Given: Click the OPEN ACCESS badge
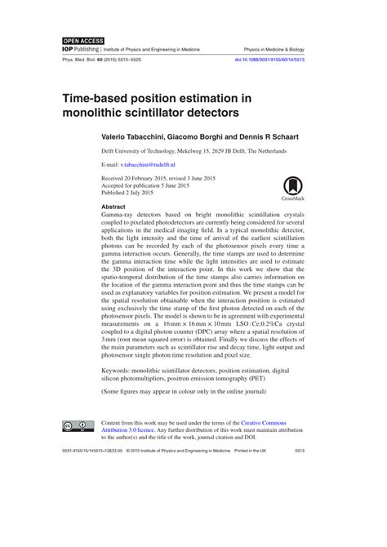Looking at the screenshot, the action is pyautogui.click(x=81, y=39).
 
